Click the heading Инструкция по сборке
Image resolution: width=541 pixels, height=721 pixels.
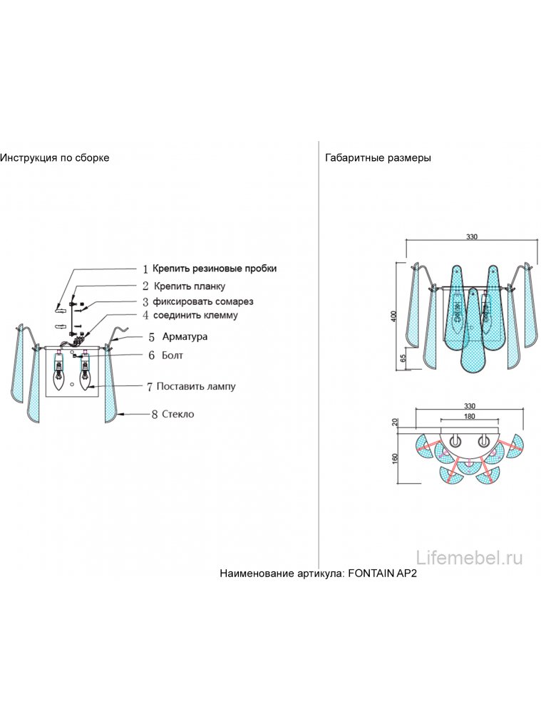pos(55,157)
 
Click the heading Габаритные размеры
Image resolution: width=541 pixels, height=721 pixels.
pos(378,157)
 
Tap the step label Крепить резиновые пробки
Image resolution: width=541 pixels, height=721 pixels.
pos(215,269)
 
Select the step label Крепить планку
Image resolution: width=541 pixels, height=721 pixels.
pos(189,286)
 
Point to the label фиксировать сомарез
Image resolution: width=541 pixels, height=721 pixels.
pos(203,301)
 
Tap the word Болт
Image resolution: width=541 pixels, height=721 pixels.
pos(175,354)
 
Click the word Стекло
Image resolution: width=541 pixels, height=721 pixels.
pos(177,413)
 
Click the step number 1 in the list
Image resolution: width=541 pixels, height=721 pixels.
pos(145,269)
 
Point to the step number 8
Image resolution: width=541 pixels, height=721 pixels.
pos(154,414)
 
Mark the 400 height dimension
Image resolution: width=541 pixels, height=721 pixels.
pos(393,316)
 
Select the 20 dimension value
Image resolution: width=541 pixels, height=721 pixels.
pos(396,422)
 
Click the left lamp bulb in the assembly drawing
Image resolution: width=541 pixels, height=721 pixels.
pos(59,373)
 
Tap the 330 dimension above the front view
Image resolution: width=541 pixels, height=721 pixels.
pos(471,237)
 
